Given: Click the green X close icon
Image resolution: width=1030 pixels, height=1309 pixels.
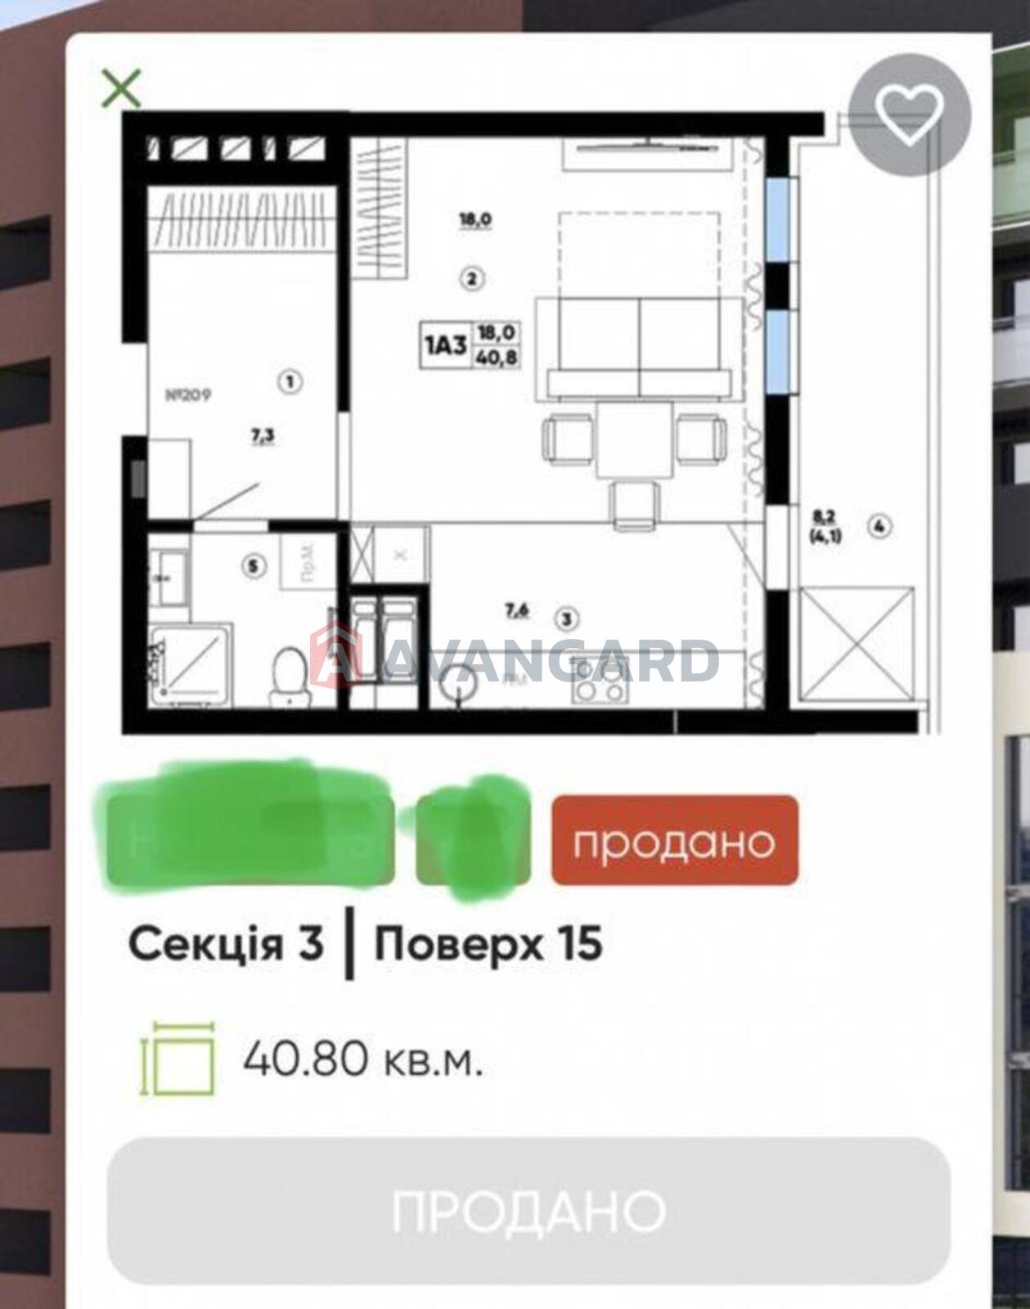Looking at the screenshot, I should tap(121, 88).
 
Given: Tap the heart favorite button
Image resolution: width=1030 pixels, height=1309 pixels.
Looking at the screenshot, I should tap(909, 114).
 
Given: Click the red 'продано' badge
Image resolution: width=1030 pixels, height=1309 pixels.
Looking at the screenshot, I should tap(674, 840).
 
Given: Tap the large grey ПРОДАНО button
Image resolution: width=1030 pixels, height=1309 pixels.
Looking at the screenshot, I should tap(528, 1210).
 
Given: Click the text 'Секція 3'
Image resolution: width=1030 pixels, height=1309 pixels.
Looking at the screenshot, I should tap(226, 944).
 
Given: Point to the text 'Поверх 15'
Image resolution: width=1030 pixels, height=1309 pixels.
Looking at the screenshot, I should tap(488, 944).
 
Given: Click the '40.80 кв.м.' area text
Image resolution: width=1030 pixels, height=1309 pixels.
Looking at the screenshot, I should tap(362, 1061).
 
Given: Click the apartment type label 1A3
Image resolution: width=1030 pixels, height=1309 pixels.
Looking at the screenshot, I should tap(445, 344).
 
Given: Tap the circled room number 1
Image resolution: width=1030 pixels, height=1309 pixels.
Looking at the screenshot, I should tap(290, 380).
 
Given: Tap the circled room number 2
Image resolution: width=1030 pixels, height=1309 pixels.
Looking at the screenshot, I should tap(471, 279).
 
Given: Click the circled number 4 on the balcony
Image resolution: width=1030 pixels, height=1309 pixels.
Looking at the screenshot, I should tap(879, 527).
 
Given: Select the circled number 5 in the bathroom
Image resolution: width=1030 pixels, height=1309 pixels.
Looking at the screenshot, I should tap(256, 565).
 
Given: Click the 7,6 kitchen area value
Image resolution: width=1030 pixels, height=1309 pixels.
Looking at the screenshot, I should tap(517, 609).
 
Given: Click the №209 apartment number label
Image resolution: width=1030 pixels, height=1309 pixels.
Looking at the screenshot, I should tap(188, 395).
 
